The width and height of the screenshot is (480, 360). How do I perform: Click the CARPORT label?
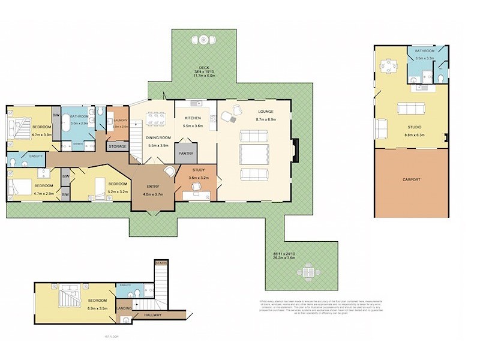(411, 179)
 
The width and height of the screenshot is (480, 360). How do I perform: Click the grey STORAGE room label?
(117, 146)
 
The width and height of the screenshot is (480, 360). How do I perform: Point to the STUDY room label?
(198, 170)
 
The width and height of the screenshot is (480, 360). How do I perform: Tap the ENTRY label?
(153, 187)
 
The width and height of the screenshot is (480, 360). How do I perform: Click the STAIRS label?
(161, 263)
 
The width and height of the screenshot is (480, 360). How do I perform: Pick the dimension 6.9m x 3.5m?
(98, 307)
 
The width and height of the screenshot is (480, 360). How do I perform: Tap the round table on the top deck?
(204, 40)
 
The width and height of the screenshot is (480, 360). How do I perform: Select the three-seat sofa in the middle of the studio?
(411, 109)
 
